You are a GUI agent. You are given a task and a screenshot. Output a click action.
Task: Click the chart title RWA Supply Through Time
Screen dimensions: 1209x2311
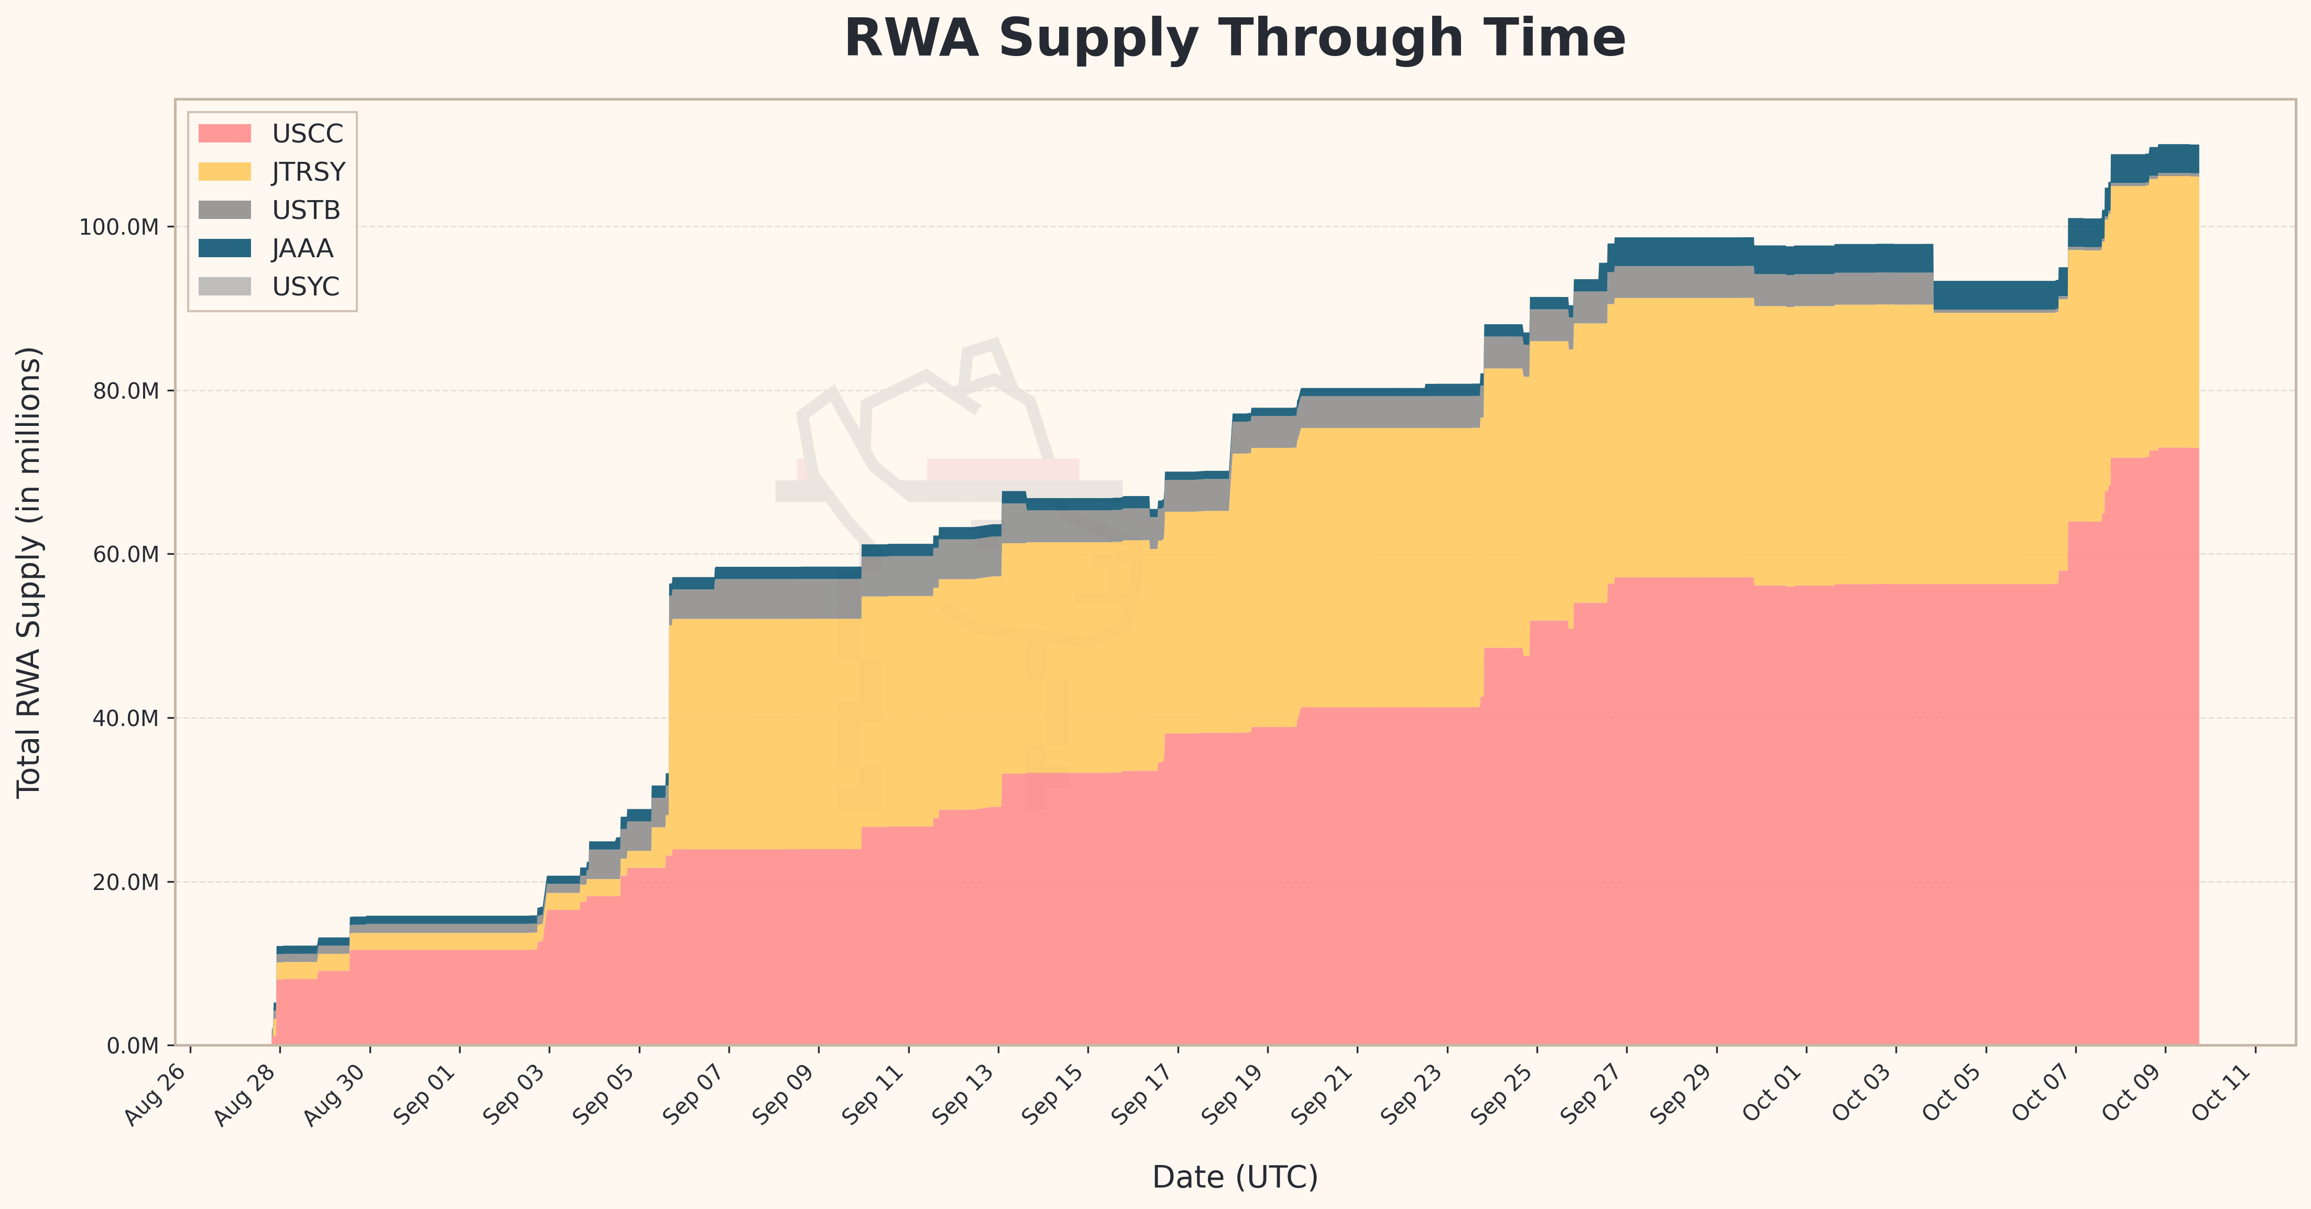(x=1235, y=39)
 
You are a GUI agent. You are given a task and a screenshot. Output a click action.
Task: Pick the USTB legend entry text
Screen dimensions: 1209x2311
(x=306, y=210)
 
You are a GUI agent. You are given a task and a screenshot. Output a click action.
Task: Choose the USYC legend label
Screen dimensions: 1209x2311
(x=306, y=287)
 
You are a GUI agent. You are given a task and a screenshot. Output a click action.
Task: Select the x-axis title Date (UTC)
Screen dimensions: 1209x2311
(x=1235, y=1177)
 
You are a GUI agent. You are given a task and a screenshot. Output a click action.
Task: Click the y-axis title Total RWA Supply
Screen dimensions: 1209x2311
(x=29, y=571)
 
